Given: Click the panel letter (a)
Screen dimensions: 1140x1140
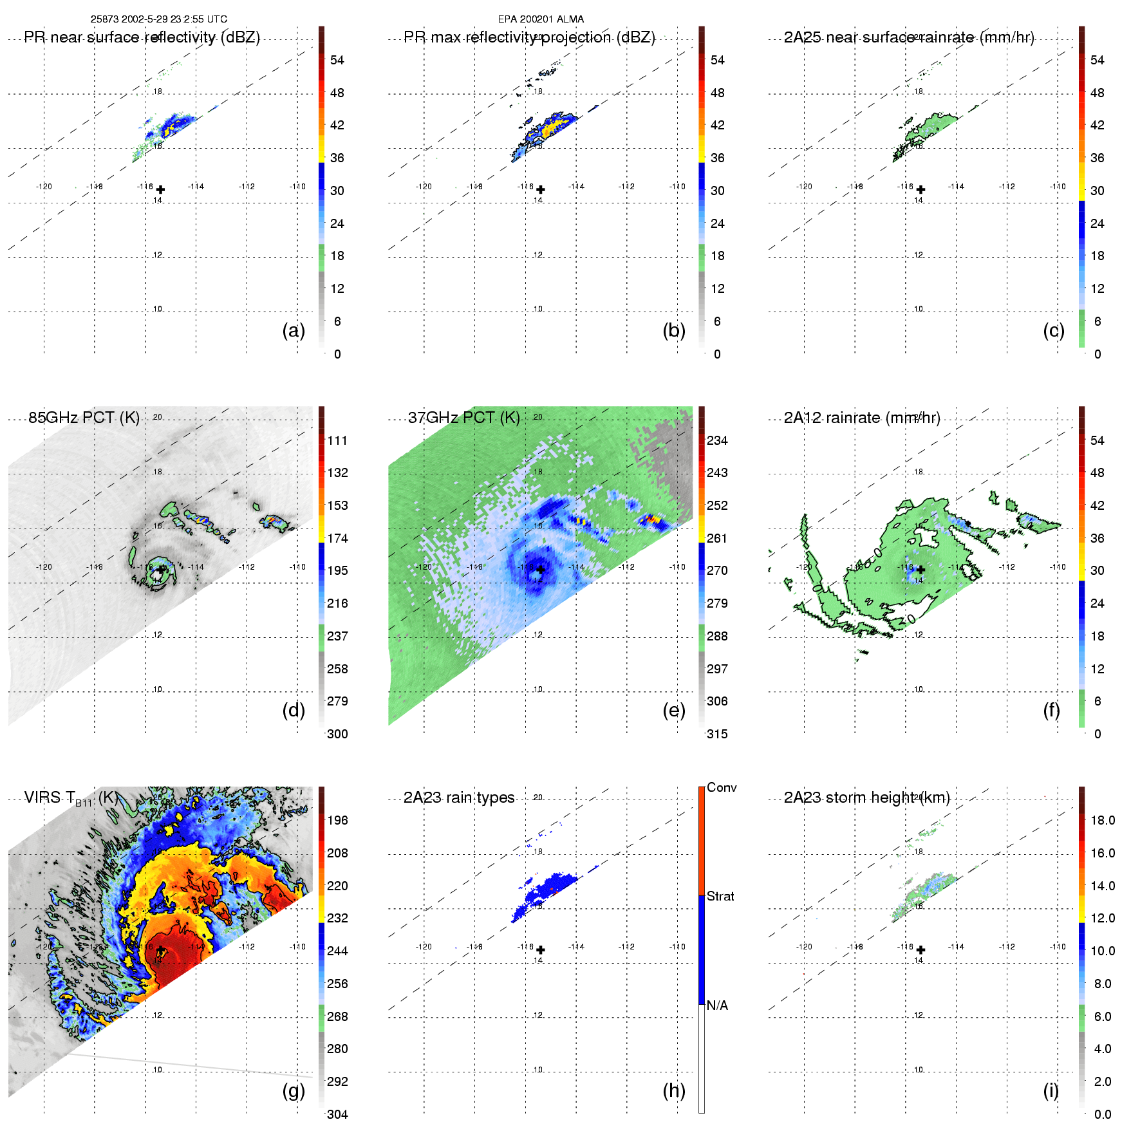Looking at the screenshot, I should pyautogui.click(x=294, y=331).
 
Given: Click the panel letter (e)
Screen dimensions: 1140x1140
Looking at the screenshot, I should pyautogui.click(x=674, y=711).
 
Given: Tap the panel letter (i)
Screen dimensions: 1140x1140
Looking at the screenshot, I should pyautogui.click(x=1051, y=1090).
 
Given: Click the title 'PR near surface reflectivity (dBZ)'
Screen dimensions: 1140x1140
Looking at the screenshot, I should pyautogui.click(x=142, y=37).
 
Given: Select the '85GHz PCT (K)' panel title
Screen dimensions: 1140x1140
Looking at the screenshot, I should pyautogui.click(x=84, y=418).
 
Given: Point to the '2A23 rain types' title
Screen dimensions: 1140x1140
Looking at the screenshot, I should pyautogui.click(x=459, y=798).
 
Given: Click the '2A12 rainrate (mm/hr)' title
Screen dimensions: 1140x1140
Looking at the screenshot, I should pyautogui.click(x=862, y=418).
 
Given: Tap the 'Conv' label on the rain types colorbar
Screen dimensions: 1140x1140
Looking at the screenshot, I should pyautogui.click(x=722, y=787).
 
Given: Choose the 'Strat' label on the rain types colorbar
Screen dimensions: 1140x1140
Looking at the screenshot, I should pyautogui.click(x=720, y=896).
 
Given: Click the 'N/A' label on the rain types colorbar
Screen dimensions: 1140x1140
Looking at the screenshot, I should pyautogui.click(x=717, y=1005).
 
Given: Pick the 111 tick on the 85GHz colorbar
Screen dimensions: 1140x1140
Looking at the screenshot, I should pyautogui.click(x=337, y=440).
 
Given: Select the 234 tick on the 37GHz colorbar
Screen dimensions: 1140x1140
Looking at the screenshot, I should pyautogui.click(x=717, y=440).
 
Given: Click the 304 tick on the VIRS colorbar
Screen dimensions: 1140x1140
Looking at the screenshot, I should pyautogui.click(x=337, y=1114).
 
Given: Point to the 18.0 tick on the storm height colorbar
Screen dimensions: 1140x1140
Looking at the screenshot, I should pyautogui.click(x=1103, y=820).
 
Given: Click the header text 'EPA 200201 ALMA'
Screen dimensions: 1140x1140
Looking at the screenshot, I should pyautogui.click(x=541, y=19).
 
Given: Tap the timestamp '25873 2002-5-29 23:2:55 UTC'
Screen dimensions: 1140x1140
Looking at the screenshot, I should pyautogui.click(x=159, y=19).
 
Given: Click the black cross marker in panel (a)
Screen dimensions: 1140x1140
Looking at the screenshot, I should pyautogui.click(x=160, y=189).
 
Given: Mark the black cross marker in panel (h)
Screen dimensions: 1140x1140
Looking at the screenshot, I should pyautogui.click(x=541, y=949).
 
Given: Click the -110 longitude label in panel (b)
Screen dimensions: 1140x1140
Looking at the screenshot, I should pyautogui.click(x=677, y=187).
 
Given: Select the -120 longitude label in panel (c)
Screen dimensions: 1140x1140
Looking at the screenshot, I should pyautogui.click(x=804, y=187).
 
